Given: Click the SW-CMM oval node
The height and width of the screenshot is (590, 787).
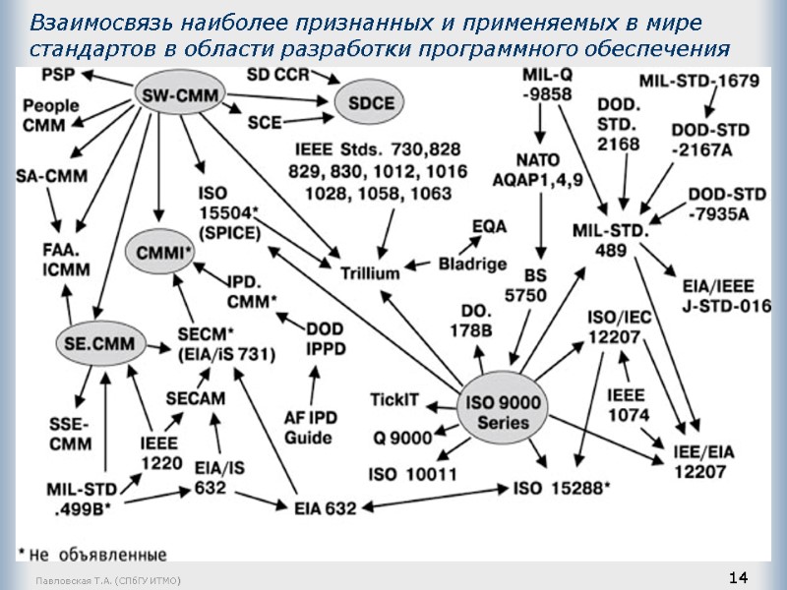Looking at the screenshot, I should [179, 95].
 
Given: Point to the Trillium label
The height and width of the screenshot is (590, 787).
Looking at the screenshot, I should [370, 271].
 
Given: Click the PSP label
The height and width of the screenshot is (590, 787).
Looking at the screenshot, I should [58, 75].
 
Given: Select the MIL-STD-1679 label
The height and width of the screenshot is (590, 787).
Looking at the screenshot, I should [699, 82].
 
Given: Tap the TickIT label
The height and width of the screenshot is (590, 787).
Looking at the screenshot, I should [394, 400].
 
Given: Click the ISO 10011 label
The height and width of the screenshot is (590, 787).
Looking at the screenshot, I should [412, 475].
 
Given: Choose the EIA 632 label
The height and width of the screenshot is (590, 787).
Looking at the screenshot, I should [326, 507].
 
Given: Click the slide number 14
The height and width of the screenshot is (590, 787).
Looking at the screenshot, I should [739, 576].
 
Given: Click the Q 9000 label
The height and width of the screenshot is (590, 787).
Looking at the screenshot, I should [403, 438].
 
